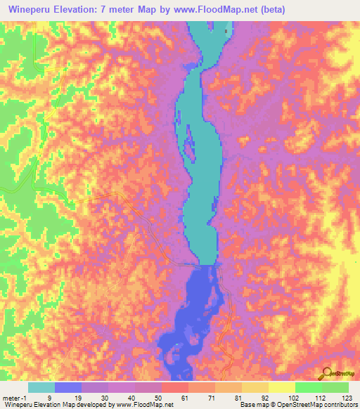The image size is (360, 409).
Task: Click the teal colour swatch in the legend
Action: click(41, 387)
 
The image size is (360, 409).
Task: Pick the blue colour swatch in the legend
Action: click(68, 387)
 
